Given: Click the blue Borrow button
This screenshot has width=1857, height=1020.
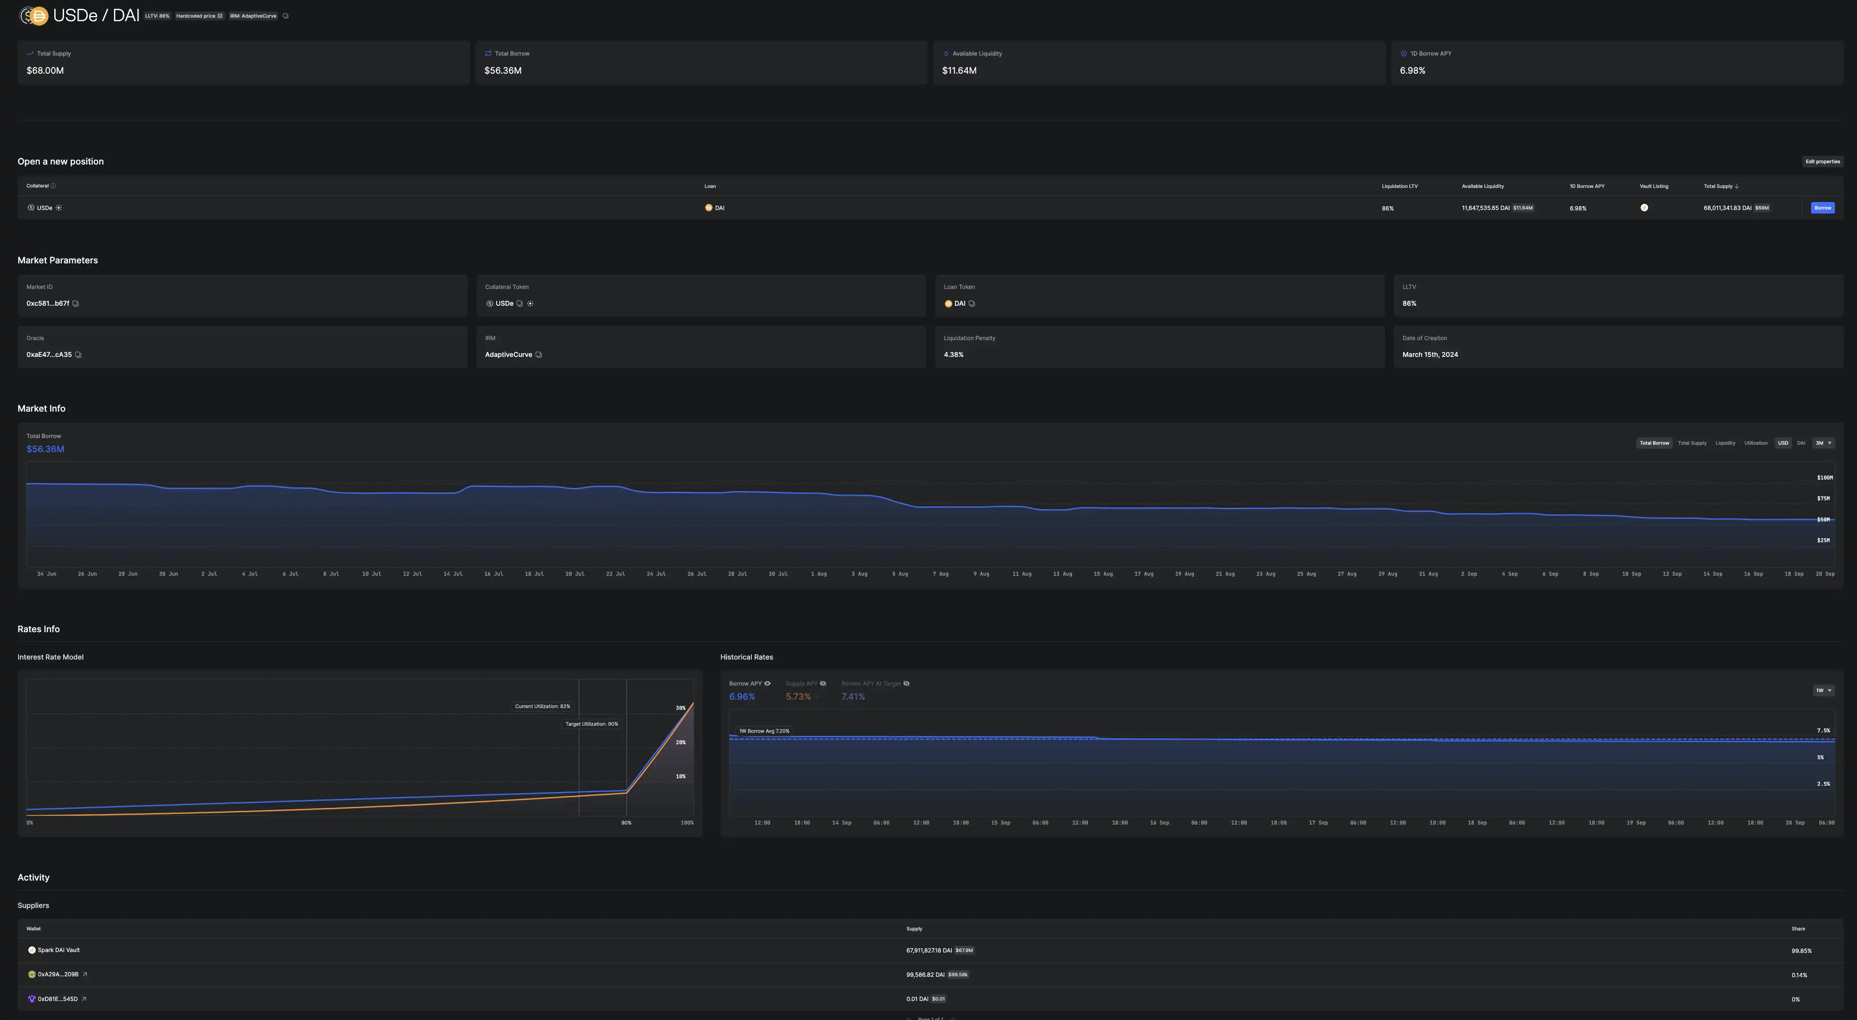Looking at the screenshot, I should coord(1823,207).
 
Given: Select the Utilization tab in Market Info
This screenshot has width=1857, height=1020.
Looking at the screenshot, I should coord(1755,443).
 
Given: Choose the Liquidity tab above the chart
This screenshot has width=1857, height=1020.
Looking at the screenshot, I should coord(1725,443).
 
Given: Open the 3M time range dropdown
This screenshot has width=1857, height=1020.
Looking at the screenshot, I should coord(1823,443).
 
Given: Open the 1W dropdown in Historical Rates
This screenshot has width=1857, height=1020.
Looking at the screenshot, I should coord(1823,690).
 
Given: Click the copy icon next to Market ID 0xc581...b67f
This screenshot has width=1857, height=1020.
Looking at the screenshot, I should coord(75,303).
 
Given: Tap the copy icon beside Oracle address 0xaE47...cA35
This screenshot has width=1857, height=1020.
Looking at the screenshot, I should coord(78,354).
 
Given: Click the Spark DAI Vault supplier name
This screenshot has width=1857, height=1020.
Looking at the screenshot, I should coord(58,950).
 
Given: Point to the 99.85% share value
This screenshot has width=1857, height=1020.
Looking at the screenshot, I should coord(1801,951).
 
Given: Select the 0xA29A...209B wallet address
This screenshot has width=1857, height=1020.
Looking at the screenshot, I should coord(58,975).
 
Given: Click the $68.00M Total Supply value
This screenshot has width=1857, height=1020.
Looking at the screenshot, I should coord(45,71).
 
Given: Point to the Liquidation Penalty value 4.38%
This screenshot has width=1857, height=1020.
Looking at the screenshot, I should coord(953,354).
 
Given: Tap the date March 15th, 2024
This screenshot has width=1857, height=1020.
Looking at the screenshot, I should coord(1430,354).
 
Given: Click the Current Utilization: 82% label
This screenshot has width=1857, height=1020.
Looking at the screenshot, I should coord(542,706).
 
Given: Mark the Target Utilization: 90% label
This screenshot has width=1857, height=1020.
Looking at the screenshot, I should coord(591,724).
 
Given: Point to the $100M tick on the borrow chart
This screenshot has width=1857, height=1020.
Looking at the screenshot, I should coord(1824,478).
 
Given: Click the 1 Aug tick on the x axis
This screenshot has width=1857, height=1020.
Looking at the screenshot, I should coord(818,574).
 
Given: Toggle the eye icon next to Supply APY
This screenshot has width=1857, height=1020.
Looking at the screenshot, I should coord(823,683).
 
